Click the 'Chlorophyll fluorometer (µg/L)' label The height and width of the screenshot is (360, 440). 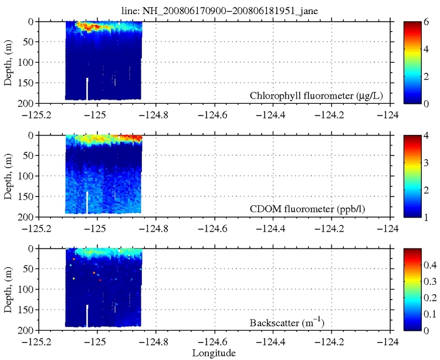(x=316, y=95)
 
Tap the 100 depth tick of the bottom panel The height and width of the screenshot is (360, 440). (x=24, y=290)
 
